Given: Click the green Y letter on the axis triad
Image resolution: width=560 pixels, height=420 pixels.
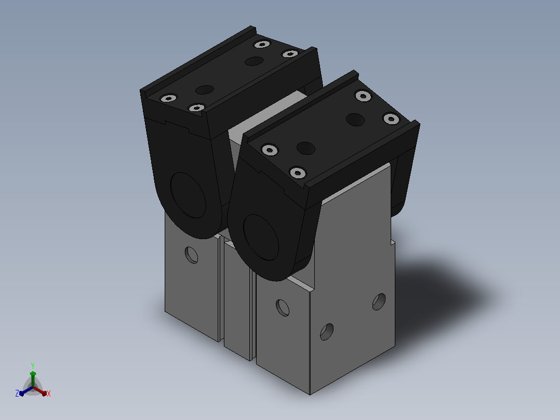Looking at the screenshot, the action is tap(33, 365).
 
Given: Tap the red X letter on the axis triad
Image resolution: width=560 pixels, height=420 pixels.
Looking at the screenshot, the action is tap(49, 393).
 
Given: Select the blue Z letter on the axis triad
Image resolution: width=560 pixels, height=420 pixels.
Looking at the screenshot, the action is tap(17, 393).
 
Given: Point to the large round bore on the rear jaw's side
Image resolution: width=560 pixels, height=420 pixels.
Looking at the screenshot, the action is tap(188, 195).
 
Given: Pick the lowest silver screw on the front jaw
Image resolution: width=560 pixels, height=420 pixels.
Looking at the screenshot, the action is tap(298, 173).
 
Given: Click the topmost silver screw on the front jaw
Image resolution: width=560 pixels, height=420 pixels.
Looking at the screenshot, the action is tap(363, 96).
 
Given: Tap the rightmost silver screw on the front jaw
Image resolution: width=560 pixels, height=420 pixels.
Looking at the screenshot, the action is tap(391, 119).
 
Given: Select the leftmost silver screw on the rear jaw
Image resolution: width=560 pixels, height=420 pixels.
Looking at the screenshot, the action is tap(168, 98).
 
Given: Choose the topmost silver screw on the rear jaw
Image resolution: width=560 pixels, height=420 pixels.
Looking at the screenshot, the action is tap(262, 44).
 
